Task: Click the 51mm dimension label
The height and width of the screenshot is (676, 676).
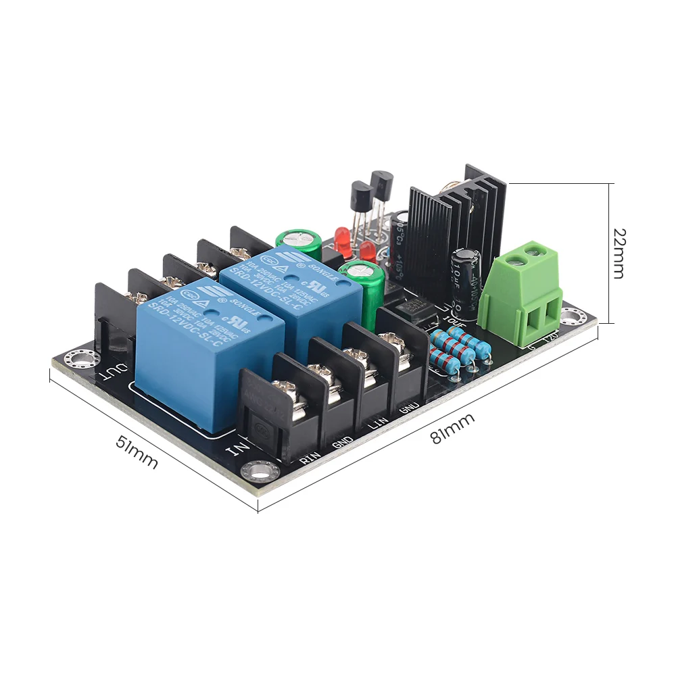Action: [137, 453]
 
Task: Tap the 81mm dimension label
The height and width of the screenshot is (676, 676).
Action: [452, 427]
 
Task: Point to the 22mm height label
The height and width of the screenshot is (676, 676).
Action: [619, 253]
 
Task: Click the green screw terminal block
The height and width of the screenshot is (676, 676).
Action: [521, 291]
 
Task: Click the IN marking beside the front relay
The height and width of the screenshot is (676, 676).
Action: [238, 448]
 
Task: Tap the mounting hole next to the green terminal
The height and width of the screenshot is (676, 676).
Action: [573, 315]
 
